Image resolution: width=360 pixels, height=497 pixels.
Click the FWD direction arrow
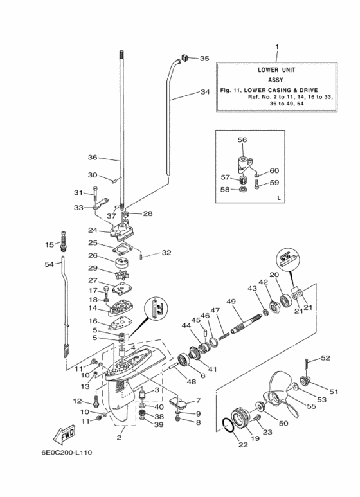pos(64,433)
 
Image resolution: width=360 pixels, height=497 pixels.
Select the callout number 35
pos(204,59)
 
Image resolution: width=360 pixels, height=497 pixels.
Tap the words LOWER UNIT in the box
pos(276,69)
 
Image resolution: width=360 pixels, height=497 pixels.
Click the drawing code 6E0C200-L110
pos(67,452)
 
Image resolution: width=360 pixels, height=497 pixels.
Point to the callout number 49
pos(231,302)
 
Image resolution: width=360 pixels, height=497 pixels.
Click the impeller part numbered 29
pos(122,275)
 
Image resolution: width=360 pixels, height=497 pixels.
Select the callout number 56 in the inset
pos(242,140)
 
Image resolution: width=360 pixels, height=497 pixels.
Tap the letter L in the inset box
pos(279,198)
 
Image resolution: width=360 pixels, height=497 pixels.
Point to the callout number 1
pos(277,47)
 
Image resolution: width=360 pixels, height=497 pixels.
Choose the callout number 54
pos(49,264)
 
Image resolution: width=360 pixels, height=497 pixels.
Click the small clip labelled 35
pos(185,58)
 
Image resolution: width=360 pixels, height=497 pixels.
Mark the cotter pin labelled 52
pos(307,363)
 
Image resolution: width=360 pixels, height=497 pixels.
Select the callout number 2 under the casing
pos(119,438)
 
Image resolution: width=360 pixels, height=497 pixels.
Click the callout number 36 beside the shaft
pos(93,158)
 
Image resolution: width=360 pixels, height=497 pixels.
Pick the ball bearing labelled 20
pos(285,299)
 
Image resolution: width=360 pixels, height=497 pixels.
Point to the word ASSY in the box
pos(275,80)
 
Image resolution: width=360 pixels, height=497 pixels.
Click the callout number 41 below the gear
pos(212,369)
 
